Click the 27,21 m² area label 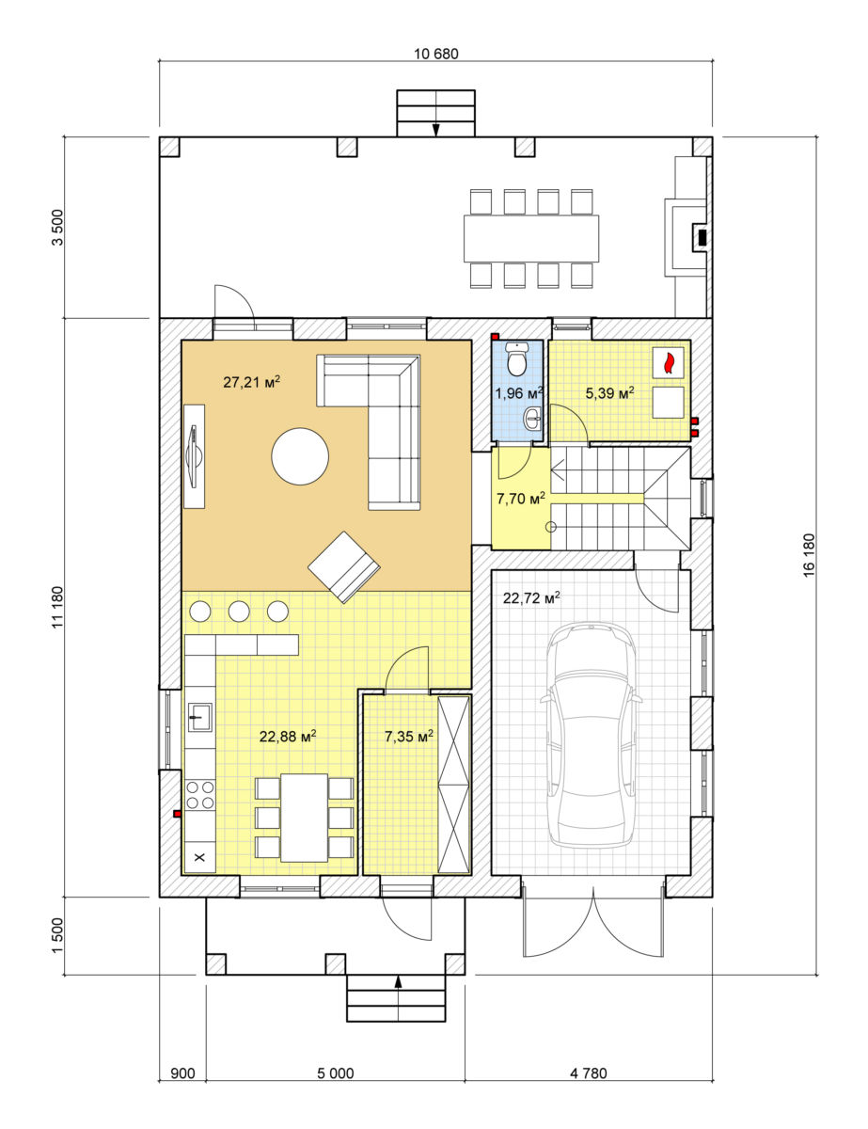(x=252, y=382)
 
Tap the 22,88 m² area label (x=288, y=737)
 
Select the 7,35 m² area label (x=408, y=737)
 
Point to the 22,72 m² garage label (x=531, y=598)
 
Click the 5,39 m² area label (x=609, y=393)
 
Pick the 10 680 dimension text (x=436, y=54)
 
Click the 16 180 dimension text (x=809, y=555)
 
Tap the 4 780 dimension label (x=588, y=1073)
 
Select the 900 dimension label (x=182, y=1073)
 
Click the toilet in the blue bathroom (x=516, y=359)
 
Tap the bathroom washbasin (x=533, y=418)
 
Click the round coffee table (x=300, y=456)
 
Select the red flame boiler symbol (x=668, y=361)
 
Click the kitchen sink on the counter (x=200, y=718)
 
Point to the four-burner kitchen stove (x=200, y=794)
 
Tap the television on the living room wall (x=195, y=456)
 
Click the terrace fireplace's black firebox (x=702, y=237)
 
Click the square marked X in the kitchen (x=200, y=857)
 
